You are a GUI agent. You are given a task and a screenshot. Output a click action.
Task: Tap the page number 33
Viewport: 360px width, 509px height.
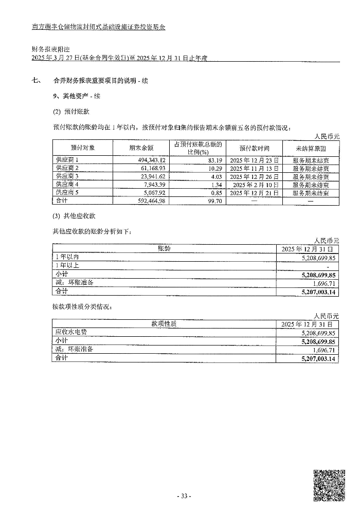pos(184,496)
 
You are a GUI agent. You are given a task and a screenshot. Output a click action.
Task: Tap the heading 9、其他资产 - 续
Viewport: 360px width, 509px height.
pos(77,96)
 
